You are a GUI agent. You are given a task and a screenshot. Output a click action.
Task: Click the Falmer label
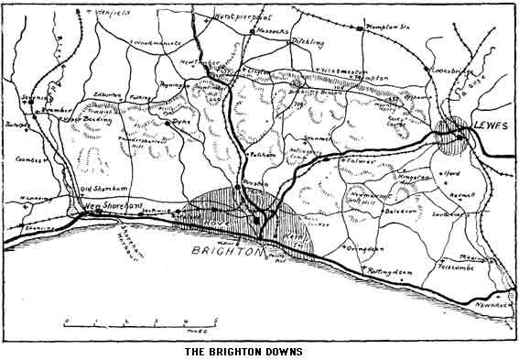click(362, 161)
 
